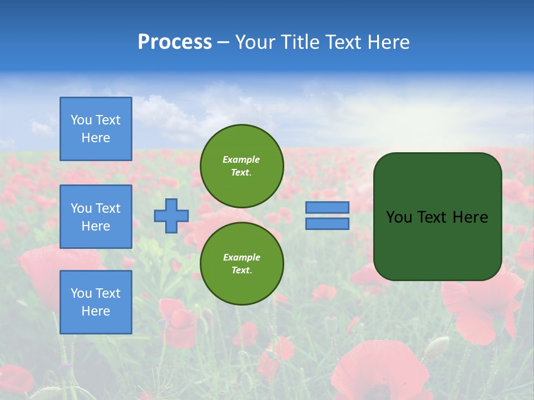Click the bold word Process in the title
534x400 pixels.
pyautogui.click(x=175, y=42)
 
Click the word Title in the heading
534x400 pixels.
pyautogui.click(x=299, y=42)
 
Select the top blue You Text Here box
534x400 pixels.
pyautogui.click(x=96, y=129)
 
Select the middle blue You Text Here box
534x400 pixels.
pyautogui.click(x=96, y=217)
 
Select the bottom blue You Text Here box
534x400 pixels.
pyautogui.click(x=96, y=302)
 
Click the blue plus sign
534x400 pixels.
pyautogui.click(x=171, y=216)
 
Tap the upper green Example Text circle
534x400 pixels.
pyautogui.click(x=242, y=166)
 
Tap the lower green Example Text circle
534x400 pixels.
pyautogui.click(x=242, y=264)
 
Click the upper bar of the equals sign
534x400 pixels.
pyautogui.click(x=328, y=208)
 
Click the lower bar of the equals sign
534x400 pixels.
pyautogui.click(x=328, y=224)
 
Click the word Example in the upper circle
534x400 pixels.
pyautogui.click(x=241, y=159)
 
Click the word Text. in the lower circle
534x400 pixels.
pyautogui.click(x=241, y=271)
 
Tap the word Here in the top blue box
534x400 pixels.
pyautogui.click(x=96, y=138)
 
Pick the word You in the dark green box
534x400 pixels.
pyautogui.click(x=399, y=217)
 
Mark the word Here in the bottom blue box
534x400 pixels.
pyautogui.click(x=96, y=311)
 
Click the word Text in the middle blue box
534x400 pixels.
pyautogui.click(x=108, y=208)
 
